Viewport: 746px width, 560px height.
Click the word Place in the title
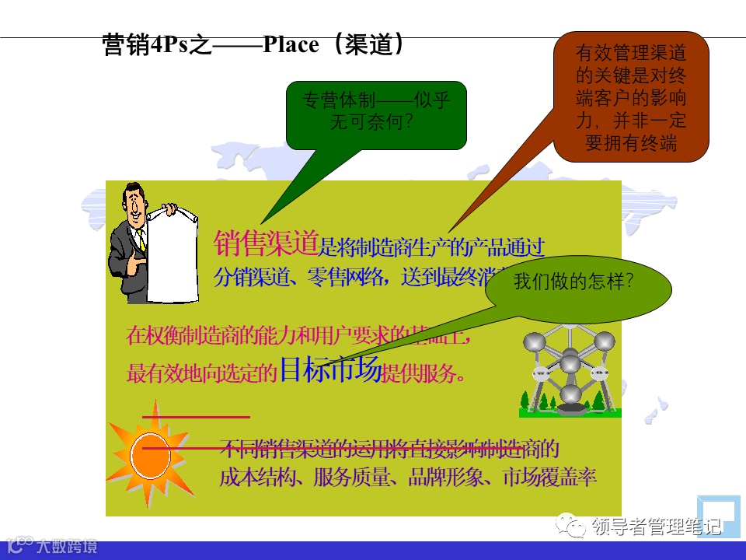pos(291,45)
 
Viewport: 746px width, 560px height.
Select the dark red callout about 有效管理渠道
pos(631,96)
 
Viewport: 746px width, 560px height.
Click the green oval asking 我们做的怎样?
pos(573,285)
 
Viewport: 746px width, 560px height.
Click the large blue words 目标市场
pos(329,369)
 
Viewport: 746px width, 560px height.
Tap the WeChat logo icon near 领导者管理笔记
pos(577,527)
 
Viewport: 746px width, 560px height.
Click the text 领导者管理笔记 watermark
pos(657,527)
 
